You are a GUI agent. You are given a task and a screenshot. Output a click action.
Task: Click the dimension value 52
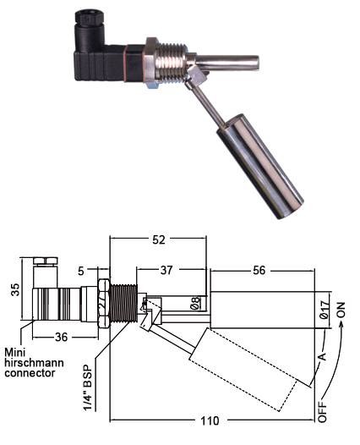tap(158, 241)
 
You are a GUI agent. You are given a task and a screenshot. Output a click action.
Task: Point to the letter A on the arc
tap(320, 357)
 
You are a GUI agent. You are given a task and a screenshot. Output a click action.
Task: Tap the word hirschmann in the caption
tap(33, 361)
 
